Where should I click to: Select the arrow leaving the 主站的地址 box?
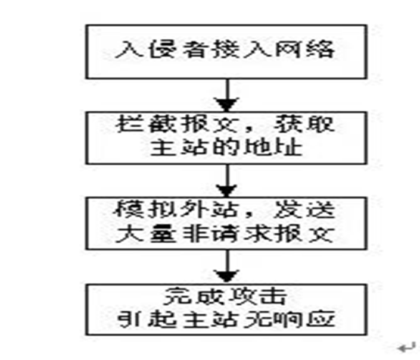point(226,177)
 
